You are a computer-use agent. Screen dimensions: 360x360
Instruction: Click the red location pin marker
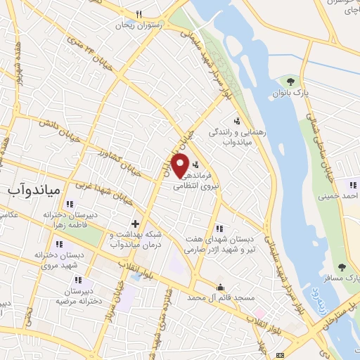tap(180, 166)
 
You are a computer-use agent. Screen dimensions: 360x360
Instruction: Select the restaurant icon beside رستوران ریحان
tap(139, 14)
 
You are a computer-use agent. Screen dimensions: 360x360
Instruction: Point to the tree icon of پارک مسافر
tap(342, 266)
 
